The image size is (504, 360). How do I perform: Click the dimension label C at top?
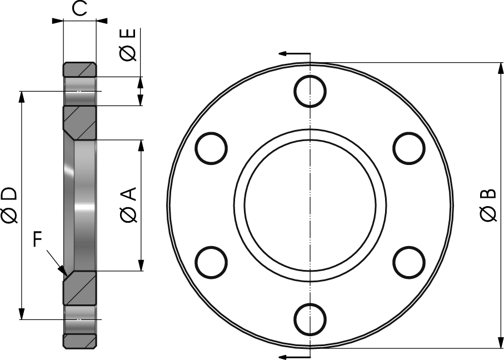point(80,9)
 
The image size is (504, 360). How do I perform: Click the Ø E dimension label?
point(128,45)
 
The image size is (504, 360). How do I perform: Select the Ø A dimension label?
point(128,205)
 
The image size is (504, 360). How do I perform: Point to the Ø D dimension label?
point(9,205)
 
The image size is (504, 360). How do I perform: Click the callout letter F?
point(37,240)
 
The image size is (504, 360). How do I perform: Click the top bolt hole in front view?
point(310,91)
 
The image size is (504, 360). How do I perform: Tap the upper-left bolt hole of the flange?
point(212,148)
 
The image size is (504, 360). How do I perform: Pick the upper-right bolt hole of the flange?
point(409,148)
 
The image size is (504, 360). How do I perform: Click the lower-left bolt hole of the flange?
point(212,262)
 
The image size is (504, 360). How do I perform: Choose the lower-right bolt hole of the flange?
point(409,262)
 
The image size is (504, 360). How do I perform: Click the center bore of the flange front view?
point(310,205)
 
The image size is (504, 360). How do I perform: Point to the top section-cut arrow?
point(285,54)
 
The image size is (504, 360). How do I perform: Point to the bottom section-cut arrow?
point(285,356)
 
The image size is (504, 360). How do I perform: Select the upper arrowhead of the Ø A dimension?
point(141,146)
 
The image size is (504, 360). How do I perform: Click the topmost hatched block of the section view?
point(79,69)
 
